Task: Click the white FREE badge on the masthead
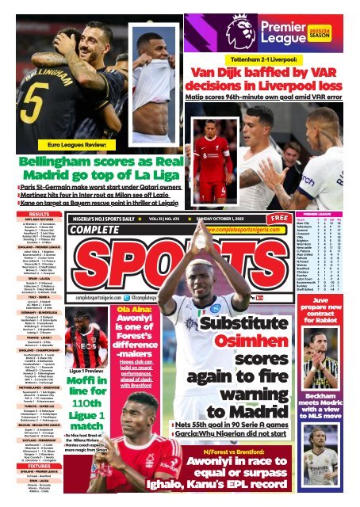click(x=279, y=217)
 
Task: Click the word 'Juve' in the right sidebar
click(x=324, y=301)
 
